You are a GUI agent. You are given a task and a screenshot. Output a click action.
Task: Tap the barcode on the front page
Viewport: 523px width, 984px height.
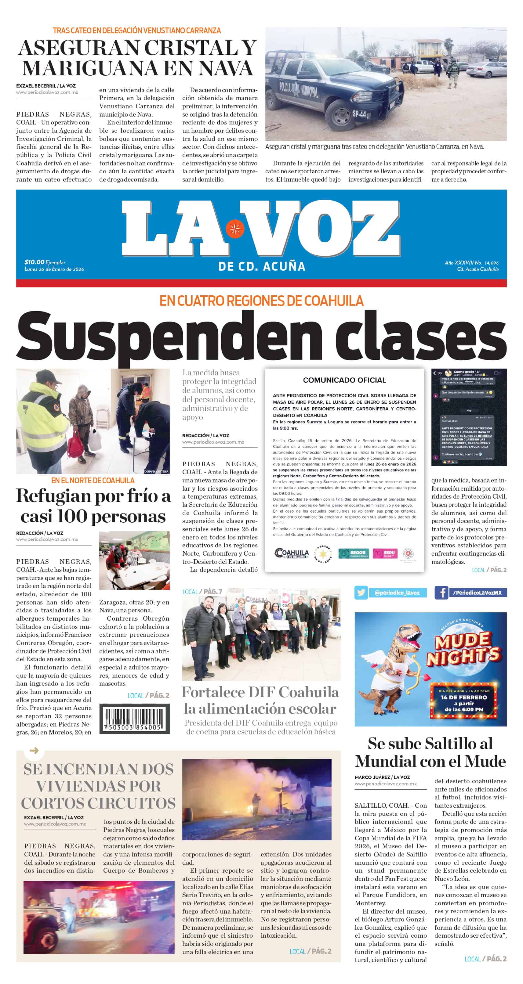click(134, 719)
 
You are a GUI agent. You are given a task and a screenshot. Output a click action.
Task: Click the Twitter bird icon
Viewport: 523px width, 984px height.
click(361, 593)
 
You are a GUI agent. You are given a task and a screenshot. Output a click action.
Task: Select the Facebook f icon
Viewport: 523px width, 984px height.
click(441, 593)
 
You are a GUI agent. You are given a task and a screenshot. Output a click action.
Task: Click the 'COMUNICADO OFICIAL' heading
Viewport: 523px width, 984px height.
click(344, 380)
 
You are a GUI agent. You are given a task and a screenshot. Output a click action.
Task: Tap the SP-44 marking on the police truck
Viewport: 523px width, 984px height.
click(359, 114)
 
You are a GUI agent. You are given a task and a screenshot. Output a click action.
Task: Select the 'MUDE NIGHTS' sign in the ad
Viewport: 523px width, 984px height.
click(463, 648)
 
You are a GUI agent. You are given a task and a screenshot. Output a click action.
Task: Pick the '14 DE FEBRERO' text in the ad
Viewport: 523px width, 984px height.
click(464, 697)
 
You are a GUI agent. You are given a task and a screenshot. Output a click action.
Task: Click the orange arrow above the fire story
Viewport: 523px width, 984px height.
click(34, 751)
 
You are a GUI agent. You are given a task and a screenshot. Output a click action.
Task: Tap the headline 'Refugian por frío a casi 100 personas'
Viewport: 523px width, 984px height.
click(93, 506)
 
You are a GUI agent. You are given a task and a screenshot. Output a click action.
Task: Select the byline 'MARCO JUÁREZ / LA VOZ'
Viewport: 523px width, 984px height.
click(382, 777)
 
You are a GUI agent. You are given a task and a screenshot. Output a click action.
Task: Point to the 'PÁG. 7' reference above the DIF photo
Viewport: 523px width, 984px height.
click(212, 592)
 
